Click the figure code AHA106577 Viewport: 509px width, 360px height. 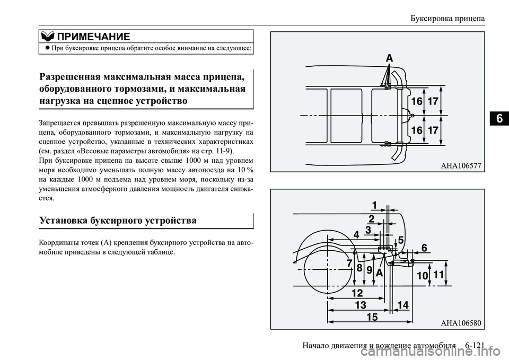click(460, 166)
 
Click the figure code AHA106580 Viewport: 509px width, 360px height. click(460, 322)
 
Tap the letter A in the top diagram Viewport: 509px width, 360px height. click(389, 59)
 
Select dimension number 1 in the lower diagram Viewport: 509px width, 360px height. click(374, 205)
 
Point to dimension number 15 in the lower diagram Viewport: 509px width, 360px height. click(372, 317)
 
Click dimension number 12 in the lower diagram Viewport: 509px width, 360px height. click(357, 293)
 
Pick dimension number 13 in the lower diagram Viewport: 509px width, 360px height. click(361, 305)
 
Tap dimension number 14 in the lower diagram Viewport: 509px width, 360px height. click(402, 305)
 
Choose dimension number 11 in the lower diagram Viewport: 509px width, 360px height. click(438, 275)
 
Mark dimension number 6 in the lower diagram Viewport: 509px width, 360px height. click(424, 248)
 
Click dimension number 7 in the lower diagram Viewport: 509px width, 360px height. click(349, 263)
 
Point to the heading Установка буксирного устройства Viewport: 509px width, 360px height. click(118, 220)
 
